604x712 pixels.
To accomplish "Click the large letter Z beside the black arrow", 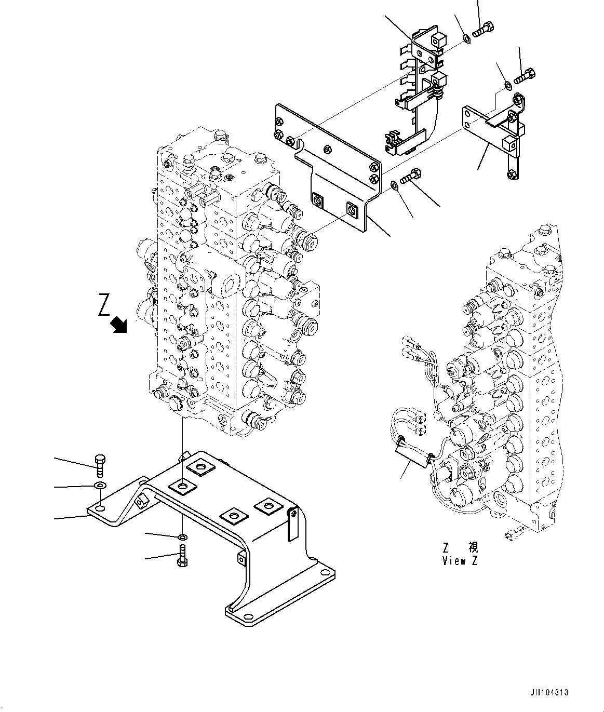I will (104, 305).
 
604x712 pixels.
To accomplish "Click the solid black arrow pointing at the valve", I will (120, 325).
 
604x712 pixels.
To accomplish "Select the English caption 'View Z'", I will (459, 561).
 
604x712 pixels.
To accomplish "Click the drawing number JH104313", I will (549, 692).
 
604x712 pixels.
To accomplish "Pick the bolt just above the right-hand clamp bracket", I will (525, 76).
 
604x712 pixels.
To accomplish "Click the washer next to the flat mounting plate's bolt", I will (395, 184).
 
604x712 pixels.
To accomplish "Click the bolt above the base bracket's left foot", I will (100, 465).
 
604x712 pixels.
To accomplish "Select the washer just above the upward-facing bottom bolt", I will (182, 536).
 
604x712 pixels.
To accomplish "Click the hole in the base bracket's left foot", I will (101, 507).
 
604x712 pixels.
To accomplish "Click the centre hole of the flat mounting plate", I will (327, 150).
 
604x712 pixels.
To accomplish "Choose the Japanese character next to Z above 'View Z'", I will (473, 547).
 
